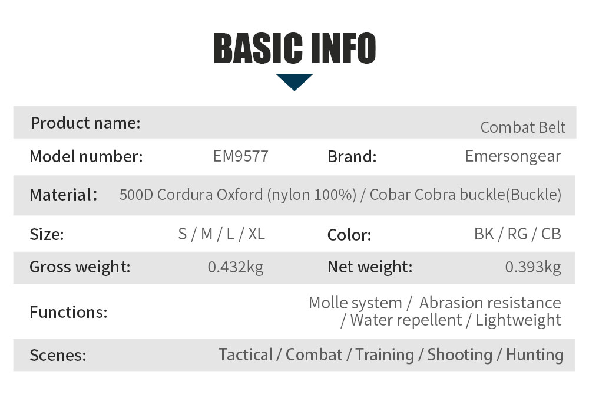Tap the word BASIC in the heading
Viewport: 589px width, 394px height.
click(x=258, y=48)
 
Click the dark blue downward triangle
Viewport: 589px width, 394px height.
click(x=294, y=82)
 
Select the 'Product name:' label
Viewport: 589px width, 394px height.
click(x=85, y=123)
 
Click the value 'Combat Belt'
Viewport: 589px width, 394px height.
click(x=522, y=127)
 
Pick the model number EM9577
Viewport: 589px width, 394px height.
click(x=241, y=156)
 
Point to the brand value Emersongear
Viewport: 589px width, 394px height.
click(x=513, y=156)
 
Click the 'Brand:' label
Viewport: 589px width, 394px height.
click(x=352, y=156)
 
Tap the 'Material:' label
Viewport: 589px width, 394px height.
click(x=64, y=195)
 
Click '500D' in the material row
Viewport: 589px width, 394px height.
click(x=137, y=195)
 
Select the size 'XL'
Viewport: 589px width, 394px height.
click(x=257, y=234)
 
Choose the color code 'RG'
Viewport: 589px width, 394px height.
click(x=517, y=234)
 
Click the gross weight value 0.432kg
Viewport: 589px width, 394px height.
click(x=236, y=267)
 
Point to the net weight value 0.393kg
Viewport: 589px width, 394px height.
click(x=532, y=267)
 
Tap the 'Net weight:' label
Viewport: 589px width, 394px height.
click(x=370, y=267)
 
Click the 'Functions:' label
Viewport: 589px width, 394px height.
click(x=69, y=312)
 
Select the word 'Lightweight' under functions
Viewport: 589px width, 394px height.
click(x=518, y=320)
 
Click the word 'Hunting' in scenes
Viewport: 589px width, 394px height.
click(x=535, y=355)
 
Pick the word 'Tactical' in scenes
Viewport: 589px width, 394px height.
click(x=245, y=355)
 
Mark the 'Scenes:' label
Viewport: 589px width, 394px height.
click(x=58, y=355)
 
